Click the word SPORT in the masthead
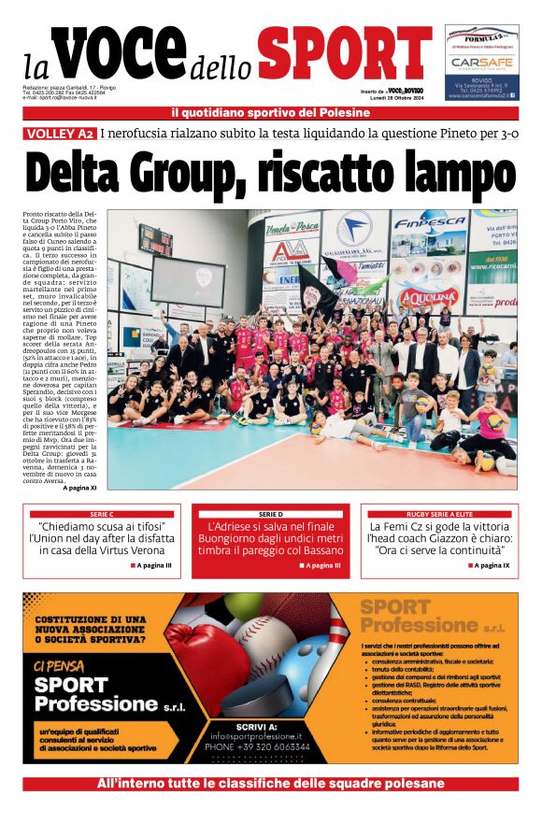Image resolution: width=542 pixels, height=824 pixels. [331, 53]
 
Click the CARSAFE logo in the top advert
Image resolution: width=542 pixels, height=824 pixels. [481, 62]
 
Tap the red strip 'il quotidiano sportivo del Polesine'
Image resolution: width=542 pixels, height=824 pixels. [270, 113]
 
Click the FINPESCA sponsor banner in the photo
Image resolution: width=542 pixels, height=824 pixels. [429, 224]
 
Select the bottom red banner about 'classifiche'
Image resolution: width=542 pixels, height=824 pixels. [270, 784]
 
